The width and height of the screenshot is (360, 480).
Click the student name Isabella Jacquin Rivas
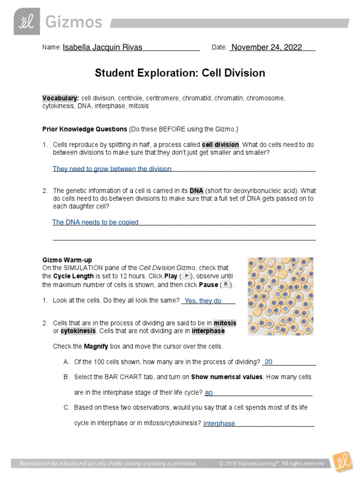click(102, 47)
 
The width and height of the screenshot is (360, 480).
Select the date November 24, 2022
click(267, 47)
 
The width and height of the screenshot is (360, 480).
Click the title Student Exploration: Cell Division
click(180, 73)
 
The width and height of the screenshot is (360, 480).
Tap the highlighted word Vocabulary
click(60, 98)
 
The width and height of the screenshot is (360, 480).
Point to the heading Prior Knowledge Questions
click(85, 128)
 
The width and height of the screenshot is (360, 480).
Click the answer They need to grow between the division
click(112, 169)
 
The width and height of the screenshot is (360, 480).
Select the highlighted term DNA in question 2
click(196, 191)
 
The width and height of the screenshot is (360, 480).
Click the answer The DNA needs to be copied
click(95, 222)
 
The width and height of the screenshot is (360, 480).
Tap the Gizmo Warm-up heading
click(67, 260)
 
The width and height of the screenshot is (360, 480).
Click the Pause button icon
click(226, 285)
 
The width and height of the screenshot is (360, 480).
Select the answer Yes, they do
click(202, 301)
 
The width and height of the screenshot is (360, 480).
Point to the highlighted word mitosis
click(225, 323)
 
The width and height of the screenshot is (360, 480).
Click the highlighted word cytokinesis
click(78, 331)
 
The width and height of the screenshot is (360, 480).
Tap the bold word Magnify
click(96, 346)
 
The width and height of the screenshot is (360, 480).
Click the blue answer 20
click(268, 362)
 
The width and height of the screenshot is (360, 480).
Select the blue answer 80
click(209, 393)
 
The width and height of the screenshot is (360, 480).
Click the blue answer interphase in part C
click(219, 423)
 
